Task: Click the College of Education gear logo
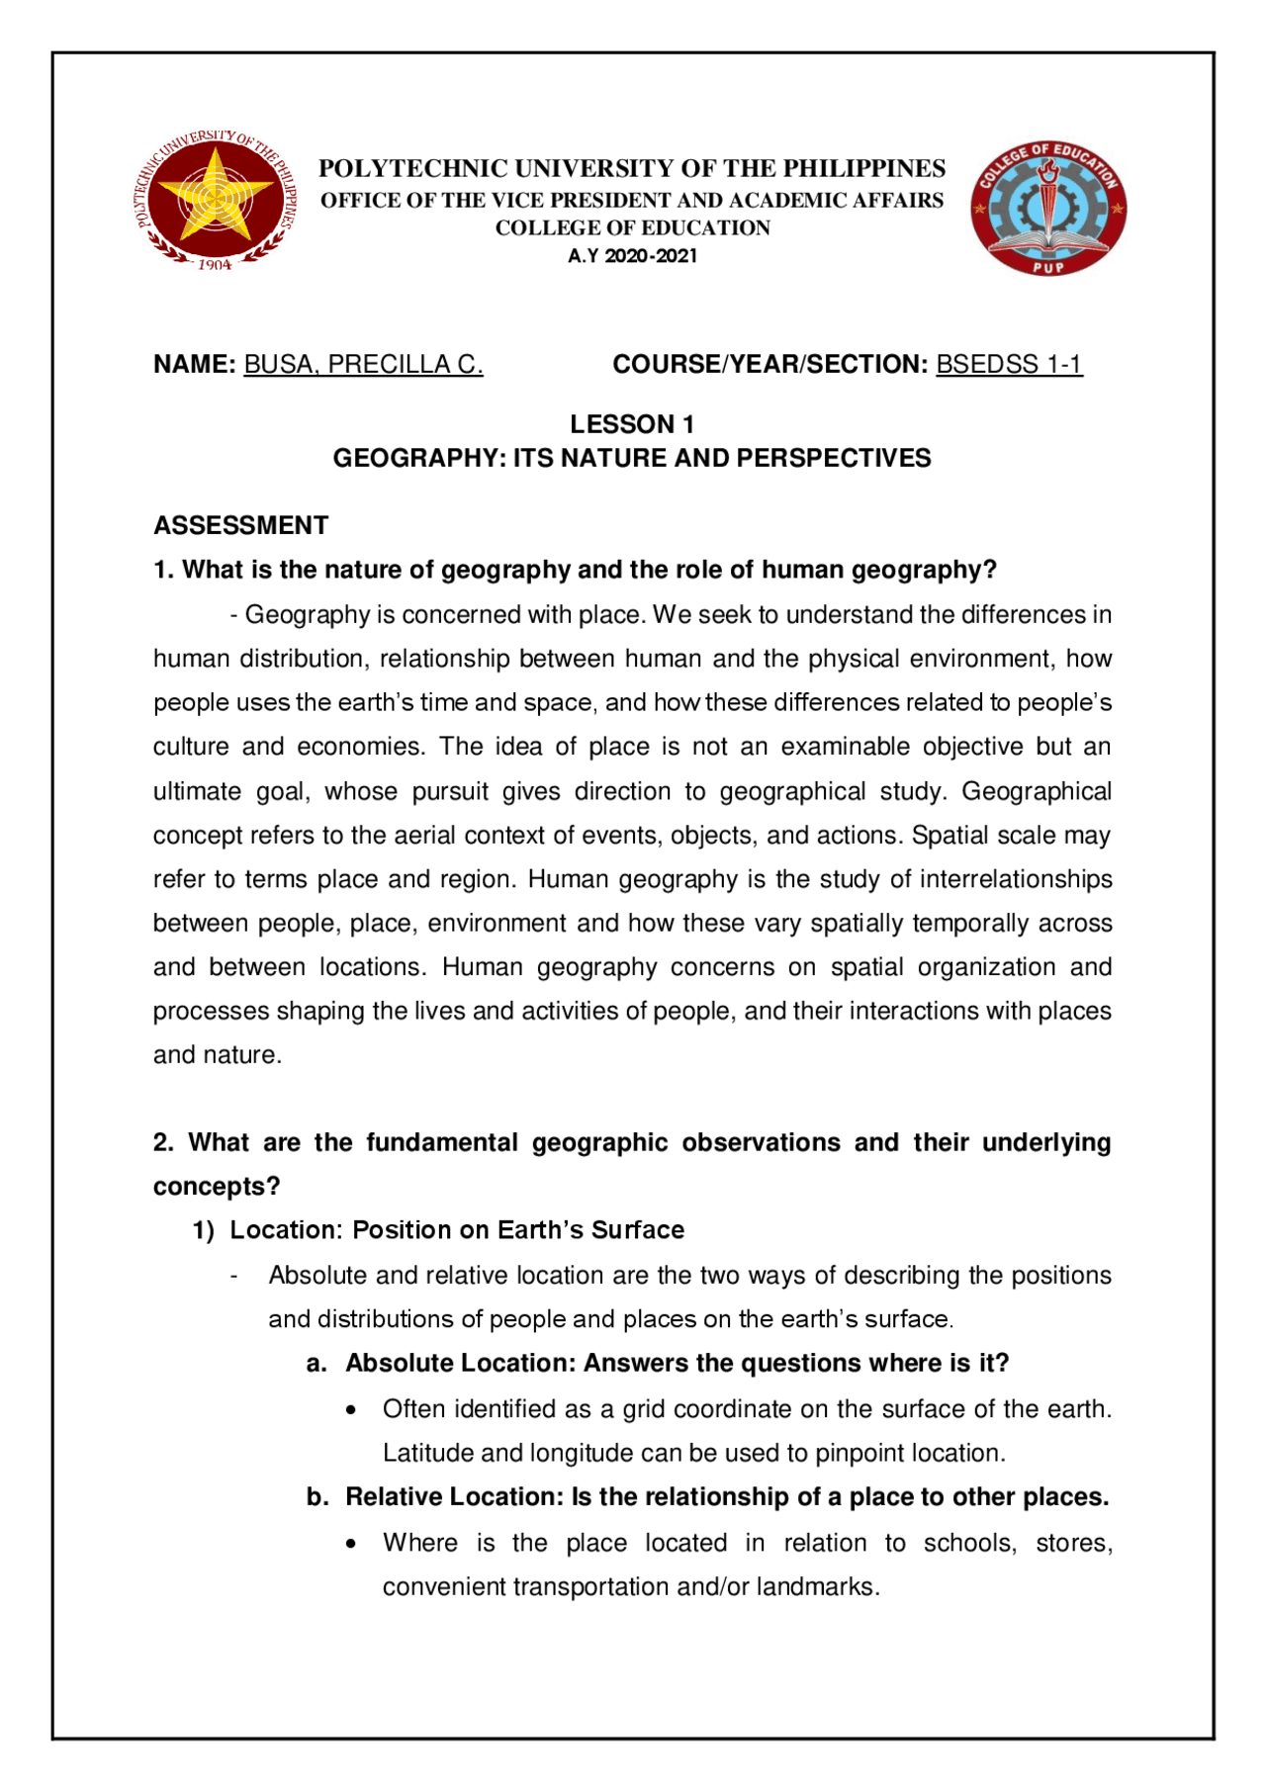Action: [1048, 208]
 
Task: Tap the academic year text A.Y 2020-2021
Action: [632, 256]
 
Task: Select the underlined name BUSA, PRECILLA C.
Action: [363, 365]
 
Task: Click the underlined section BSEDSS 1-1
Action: [1009, 365]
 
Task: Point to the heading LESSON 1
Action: [632, 425]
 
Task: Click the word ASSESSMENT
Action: [240, 525]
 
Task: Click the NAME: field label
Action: [194, 365]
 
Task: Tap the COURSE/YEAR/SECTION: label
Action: [769, 365]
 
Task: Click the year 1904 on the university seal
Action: [215, 265]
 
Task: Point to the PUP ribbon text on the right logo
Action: [1048, 267]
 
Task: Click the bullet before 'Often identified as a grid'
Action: [352, 1410]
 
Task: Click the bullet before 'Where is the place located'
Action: [352, 1544]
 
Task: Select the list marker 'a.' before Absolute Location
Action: [316, 1364]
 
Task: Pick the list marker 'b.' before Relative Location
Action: [316, 1497]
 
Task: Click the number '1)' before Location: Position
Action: [203, 1231]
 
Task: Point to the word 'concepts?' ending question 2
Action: [217, 1187]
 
